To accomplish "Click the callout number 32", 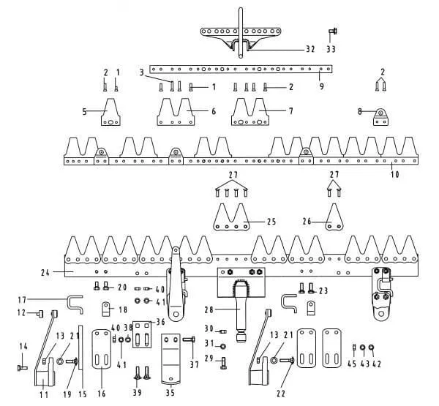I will click(310, 50).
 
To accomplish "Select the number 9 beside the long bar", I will click(321, 86).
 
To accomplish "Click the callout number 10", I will click(395, 175).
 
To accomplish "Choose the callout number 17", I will click(22, 298).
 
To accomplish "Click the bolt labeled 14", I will click(23, 361).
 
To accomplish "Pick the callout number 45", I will click(353, 364).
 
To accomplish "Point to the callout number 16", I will click(101, 394).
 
